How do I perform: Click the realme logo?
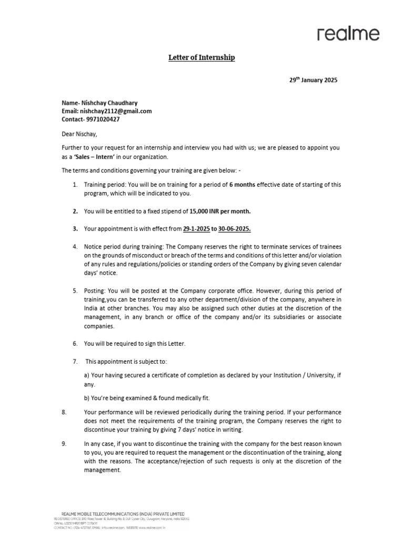[x=348, y=34]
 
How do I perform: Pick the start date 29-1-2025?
[x=196, y=229]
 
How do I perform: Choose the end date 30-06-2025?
[x=235, y=229]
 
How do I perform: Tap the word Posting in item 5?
[x=95, y=291]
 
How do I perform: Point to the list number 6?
[x=75, y=344]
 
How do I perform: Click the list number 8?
[x=64, y=411]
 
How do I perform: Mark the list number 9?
[x=64, y=444]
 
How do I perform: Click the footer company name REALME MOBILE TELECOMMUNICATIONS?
[x=119, y=514]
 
